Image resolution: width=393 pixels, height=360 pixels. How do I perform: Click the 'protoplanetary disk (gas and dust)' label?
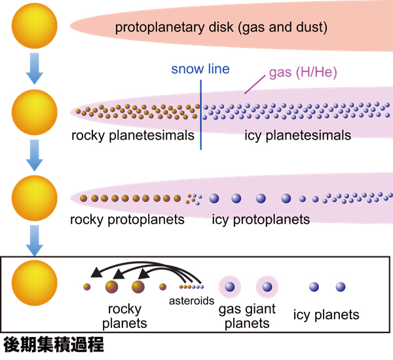coord(221,28)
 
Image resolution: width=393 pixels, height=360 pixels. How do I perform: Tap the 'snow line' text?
coord(200,68)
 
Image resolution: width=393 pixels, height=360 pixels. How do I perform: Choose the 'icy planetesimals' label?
coord(298,136)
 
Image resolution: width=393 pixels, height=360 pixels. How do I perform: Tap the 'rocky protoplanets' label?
coord(128,219)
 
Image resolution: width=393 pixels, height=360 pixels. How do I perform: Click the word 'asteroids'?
coord(191,301)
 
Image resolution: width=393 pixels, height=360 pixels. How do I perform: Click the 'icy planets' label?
coord(326,315)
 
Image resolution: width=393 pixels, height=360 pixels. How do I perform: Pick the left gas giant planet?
coord(229,287)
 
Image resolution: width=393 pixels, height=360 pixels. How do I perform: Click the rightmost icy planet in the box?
coord(341,287)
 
